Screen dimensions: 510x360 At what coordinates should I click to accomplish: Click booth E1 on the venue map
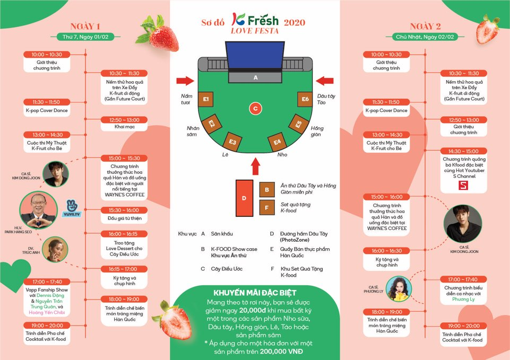coord(205,99)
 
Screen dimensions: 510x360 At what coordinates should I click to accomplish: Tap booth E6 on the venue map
coord(305,99)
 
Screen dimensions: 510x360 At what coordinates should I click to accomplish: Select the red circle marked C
coord(255,109)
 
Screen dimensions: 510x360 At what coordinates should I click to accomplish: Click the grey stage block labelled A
coord(255,77)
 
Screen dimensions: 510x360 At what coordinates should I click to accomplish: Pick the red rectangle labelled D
coord(244,198)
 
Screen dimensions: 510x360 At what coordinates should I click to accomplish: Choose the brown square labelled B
coord(267,190)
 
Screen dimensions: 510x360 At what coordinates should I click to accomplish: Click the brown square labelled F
coord(267,208)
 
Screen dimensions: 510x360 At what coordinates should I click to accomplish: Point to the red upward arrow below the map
coord(256,166)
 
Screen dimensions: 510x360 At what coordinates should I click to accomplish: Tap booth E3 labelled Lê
coord(232,142)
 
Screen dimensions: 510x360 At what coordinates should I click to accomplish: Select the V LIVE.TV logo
coord(72,208)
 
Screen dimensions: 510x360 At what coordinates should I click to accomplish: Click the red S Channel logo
coord(463,185)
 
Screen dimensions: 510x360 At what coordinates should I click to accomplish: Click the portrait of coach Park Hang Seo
coord(38,210)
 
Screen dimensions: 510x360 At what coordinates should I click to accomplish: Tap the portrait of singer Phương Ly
coord(399,289)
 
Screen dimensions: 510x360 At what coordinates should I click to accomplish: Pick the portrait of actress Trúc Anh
coord(55,250)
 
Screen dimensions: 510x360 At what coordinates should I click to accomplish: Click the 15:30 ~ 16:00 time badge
coord(124,210)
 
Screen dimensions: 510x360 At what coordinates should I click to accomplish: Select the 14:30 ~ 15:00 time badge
coord(463,151)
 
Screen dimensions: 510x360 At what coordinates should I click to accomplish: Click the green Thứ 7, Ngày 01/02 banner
coord(85,37)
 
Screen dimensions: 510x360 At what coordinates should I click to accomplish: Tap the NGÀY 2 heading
coord(425,27)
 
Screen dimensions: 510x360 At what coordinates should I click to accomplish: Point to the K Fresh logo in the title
coord(255,20)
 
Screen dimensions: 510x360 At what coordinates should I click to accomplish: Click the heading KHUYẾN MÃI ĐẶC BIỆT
coord(255,293)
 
